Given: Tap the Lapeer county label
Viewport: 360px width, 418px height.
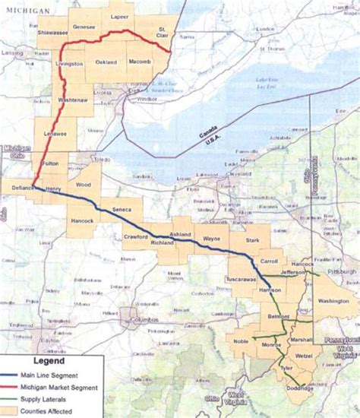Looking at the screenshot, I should (119, 15).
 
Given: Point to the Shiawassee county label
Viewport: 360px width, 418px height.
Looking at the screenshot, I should (52, 33).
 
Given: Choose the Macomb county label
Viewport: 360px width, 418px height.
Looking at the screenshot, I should (139, 61).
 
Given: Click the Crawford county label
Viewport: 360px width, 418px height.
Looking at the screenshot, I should (134, 237).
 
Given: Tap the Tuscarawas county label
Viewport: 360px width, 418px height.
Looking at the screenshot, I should (240, 280).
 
